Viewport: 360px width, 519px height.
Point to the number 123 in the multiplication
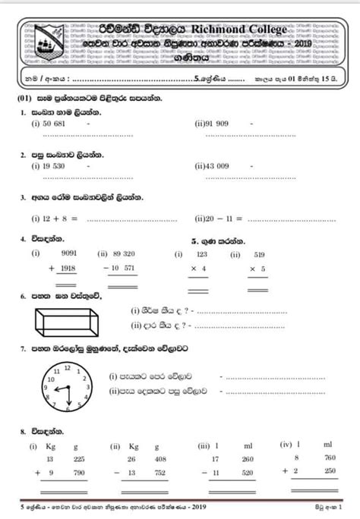coord(202,255)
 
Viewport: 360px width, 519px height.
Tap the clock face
coord(66,386)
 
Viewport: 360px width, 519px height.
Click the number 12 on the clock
coord(67,367)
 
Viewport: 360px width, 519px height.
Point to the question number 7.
coord(24,348)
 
